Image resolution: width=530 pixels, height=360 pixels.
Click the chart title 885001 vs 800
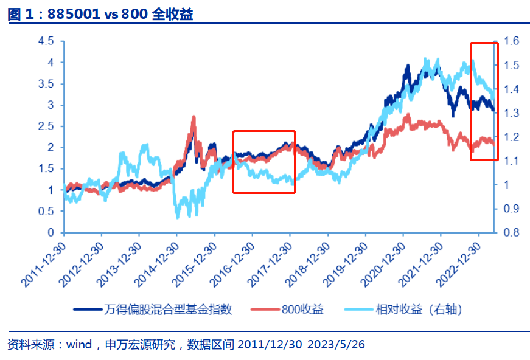coord(100,14)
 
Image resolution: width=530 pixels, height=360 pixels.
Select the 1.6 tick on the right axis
coord(511,41)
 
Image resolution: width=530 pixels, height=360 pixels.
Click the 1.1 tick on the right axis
coord(511,161)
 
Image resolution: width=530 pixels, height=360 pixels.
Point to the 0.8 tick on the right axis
coord(511,232)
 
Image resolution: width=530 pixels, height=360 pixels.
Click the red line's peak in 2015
coord(194,117)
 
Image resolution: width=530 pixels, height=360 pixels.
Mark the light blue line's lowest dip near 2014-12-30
coord(177,216)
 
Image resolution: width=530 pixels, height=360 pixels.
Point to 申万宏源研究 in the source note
coord(141,345)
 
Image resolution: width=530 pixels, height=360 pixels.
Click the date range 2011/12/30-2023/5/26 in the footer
coord(301,345)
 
